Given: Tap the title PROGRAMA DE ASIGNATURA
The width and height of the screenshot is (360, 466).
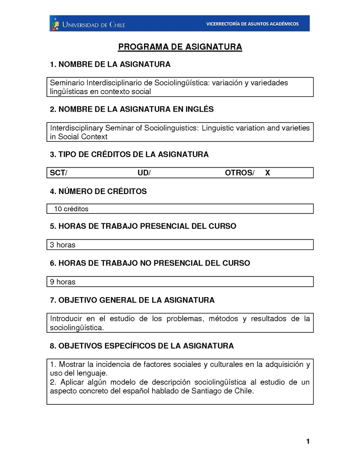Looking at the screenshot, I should coord(180,47).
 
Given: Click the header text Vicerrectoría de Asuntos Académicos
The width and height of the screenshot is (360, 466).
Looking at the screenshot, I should coord(252,24).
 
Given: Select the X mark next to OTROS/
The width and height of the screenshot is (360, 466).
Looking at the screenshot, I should coord(267,173).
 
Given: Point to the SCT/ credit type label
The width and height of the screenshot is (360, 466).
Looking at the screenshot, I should coord(58,173).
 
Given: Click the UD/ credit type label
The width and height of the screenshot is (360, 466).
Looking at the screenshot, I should coord(144,173).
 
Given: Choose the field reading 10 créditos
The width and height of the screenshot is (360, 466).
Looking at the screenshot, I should coord(71,209).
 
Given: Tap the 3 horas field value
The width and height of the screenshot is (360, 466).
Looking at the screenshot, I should coord(63,245).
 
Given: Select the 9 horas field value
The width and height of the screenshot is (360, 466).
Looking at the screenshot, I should coord(63,282).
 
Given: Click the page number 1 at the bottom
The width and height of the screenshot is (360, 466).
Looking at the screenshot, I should coord(308,441).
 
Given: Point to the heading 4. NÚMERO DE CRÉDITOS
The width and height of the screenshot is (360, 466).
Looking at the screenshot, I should coord(98,191).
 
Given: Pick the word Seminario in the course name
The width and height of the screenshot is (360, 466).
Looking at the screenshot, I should coord(67,83).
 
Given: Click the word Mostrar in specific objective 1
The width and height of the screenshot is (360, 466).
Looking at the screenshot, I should coord(72,364).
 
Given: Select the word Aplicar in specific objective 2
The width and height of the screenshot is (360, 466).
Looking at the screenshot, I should coord(71,382).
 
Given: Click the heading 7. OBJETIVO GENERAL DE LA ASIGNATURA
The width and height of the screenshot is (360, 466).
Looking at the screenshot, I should coord(132,300).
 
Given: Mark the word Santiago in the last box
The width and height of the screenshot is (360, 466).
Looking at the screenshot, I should coord(208,391).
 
